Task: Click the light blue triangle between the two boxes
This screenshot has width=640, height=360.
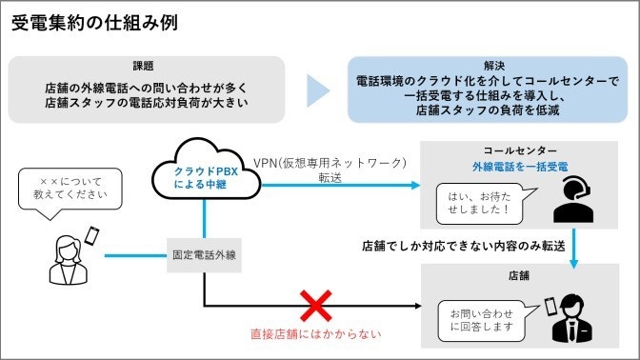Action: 319,91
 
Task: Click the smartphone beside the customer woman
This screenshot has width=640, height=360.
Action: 93,235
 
